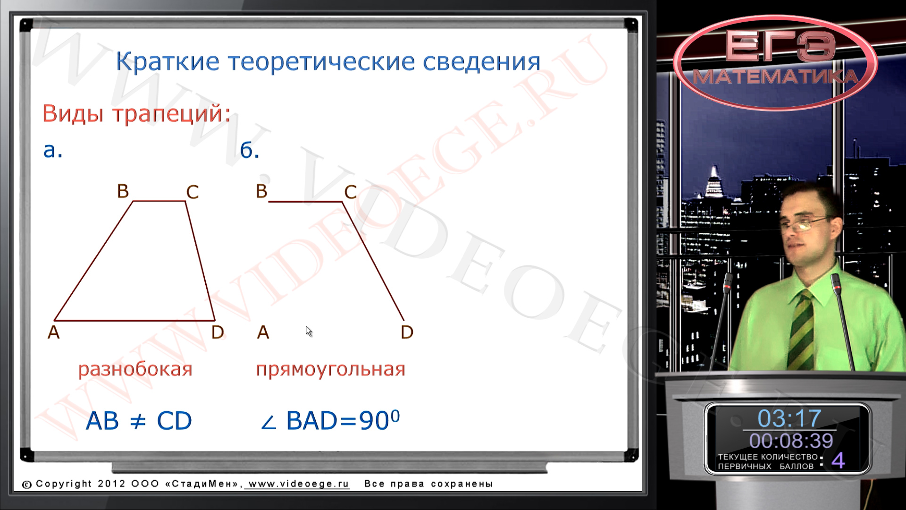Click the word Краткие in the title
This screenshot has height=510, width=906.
point(168,61)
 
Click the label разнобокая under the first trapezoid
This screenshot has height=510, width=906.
point(135,369)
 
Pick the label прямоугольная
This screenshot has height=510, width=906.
point(330,369)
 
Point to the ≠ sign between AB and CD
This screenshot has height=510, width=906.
point(137,420)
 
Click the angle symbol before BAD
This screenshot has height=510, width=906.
point(268,422)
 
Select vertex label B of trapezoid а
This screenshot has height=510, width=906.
point(123,191)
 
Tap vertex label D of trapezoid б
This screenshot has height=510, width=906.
point(407,332)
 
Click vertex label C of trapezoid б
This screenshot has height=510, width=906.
point(350,192)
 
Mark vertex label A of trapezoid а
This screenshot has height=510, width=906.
point(54,332)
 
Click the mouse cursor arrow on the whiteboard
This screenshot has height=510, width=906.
point(309,331)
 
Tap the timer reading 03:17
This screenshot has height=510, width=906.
point(789,418)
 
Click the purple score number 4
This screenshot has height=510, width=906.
point(838,460)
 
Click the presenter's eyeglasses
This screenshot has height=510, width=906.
point(805,224)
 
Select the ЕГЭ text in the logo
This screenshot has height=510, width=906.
point(780,46)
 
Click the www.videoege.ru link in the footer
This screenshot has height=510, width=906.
point(299,484)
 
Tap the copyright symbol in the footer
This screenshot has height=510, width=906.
point(27,484)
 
